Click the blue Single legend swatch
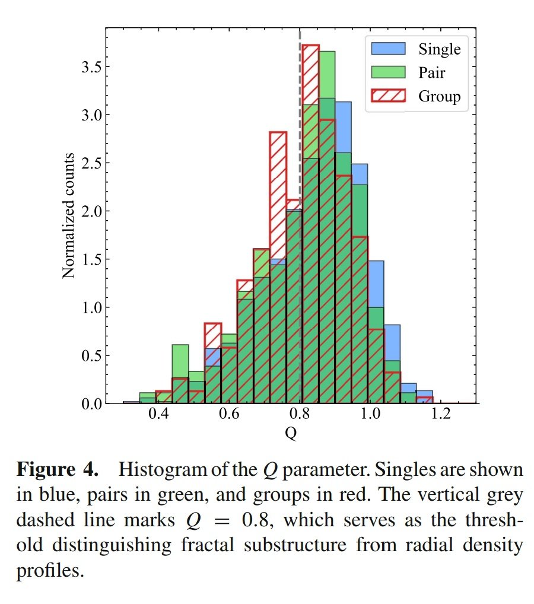[388, 49]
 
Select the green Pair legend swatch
[388, 72]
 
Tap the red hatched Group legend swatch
[388, 96]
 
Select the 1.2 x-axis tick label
[440, 414]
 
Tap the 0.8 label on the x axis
[299, 414]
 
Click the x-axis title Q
[291, 434]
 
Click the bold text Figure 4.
[57, 470]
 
